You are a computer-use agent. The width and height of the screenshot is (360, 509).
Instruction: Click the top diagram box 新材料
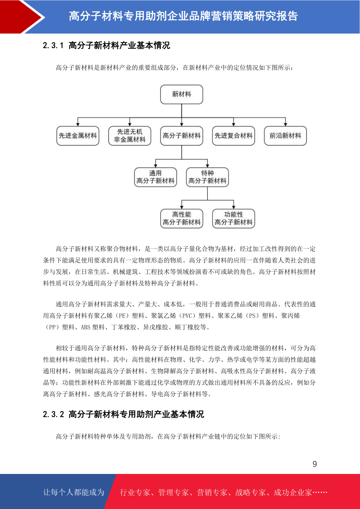pyautogui.click(x=182, y=94)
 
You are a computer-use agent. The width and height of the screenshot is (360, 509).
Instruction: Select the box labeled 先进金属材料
pyautogui.click(x=78, y=136)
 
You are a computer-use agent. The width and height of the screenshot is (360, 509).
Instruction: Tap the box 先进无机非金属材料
pyautogui.click(x=130, y=136)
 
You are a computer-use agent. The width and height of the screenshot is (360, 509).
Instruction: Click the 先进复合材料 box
pyautogui.click(x=233, y=136)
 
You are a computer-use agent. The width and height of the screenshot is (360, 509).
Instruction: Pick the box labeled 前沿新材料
pyautogui.click(x=285, y=136)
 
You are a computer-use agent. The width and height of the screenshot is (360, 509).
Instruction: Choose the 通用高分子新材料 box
pyautogui.click(x=155, y=177)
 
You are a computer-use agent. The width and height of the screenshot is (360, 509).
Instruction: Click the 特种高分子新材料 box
pyautogui.click(x=207, y=177)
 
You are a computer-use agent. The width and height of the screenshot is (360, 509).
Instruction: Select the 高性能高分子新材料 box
pyautogui.click(x=182, y=218)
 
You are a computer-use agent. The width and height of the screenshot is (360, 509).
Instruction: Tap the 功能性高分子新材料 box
pyautogui.click(x=233, y=218)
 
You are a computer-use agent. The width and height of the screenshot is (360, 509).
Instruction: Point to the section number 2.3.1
pyautogui.click(x=53, y=45)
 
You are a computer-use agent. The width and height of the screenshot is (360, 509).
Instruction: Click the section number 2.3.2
pyautogui.click(x=54, y=414)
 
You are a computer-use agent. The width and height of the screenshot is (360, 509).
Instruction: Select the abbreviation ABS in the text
pyautogui.click(x=86, y=327)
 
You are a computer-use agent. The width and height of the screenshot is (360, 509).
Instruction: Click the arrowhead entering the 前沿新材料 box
pyautogui.click(x=285, y=124)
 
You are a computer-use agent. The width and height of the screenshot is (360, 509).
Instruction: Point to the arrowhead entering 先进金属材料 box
pyautogui.click(x=78, y=124)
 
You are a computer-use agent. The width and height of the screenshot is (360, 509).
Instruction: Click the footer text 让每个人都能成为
pyautogui.click(x=74, y=492)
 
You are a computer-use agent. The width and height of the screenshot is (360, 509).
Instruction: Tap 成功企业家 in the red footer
pyautogui.click(x=293, y=492)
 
